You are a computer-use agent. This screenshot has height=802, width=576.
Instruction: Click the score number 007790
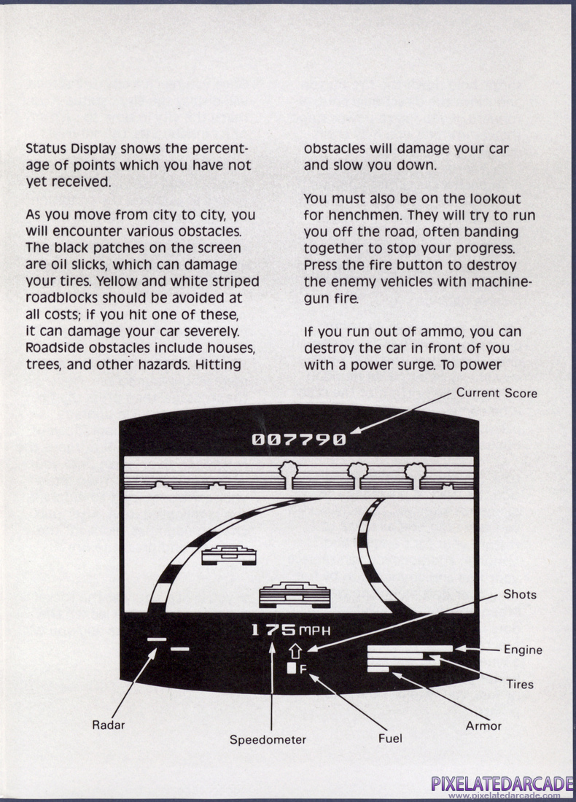pyautogui.click(x=299, y=440)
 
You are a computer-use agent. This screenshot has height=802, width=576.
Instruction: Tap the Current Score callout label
pyautogui.click(x=497, y=393)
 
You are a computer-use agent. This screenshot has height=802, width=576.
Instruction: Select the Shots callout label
pyautogui.click(x=519, y=594)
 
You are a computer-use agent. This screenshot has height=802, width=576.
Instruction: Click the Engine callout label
pyautogui.click(x=523, y=650)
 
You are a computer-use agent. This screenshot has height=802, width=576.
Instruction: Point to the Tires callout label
pyautogui.click(x=520, y=684)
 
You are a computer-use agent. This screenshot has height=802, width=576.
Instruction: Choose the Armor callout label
pyautogui.click(x=483, y=725)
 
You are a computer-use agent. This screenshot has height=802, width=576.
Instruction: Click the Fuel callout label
pyautogui.click(x=390, y=739)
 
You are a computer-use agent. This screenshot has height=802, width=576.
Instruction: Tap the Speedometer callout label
pyautogui.click(x=268, y=739)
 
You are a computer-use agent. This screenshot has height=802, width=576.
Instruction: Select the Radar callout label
pyautogui.click(x=108, y=724)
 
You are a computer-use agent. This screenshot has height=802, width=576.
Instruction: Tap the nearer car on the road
pyautogui.click(x=295, y=593)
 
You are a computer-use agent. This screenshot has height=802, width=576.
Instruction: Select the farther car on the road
pyautogui.click(x=229, y=554)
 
